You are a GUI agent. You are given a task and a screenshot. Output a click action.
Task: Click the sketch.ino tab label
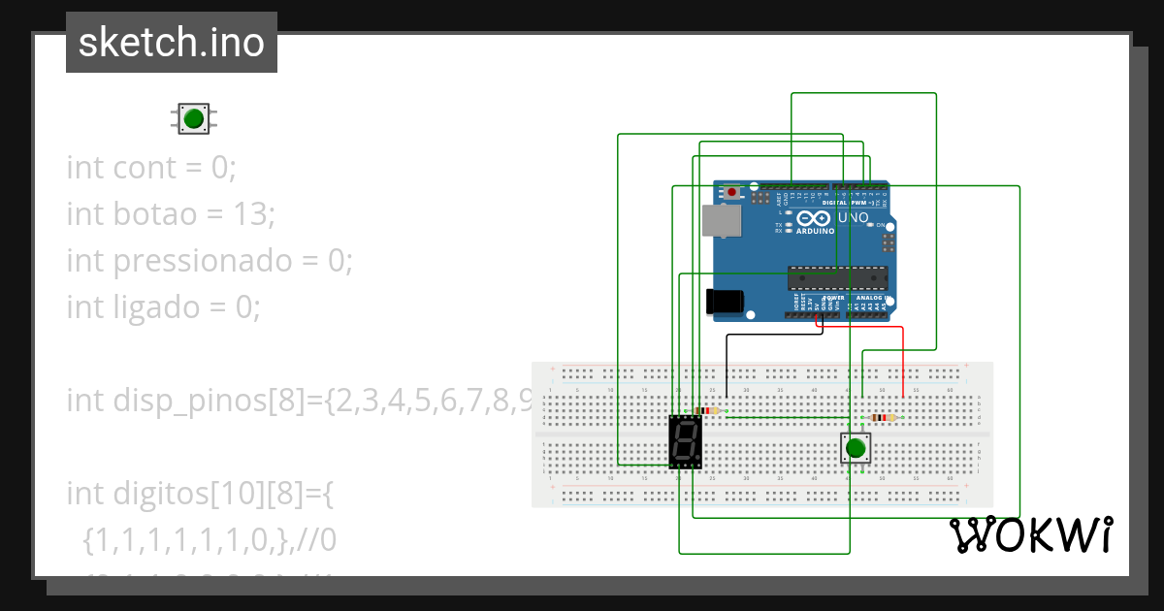coord(171,43)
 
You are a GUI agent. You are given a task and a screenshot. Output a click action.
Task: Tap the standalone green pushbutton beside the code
coord(194,119)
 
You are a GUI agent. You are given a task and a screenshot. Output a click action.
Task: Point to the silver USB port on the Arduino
coord(721,221)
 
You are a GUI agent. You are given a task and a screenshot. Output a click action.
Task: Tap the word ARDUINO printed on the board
coord(815,231)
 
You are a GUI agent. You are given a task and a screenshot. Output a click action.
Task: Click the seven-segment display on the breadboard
coord(686,442)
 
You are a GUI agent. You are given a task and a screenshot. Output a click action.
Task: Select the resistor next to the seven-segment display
coord(707,410)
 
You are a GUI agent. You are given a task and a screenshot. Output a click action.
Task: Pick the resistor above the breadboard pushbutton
coord(882,418)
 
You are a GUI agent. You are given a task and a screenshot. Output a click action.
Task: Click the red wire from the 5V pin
coord(903,359)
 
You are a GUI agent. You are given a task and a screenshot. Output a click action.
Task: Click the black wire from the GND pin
coord(727,364)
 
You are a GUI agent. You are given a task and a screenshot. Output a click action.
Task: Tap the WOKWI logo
coord(1029,534)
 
